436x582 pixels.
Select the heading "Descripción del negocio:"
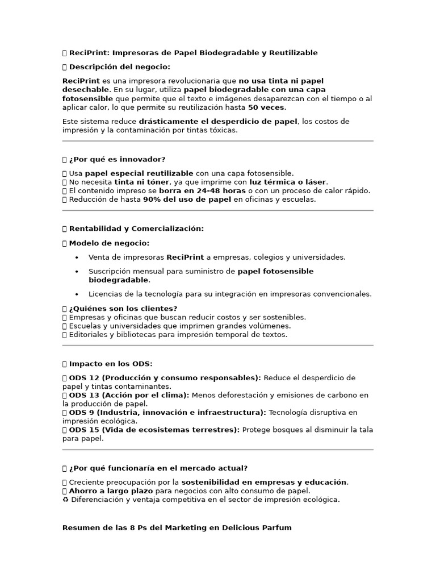tap(119, 67)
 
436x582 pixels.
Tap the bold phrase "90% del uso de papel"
tap(187, 199)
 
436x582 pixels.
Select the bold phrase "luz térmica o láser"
tap(288, 182)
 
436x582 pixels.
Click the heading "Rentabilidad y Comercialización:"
tap(136, 228)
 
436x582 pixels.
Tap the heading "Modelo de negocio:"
tap(109, 243)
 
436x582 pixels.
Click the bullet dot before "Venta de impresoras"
tap(77, 257)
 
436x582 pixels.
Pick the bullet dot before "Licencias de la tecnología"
tap(77, 294)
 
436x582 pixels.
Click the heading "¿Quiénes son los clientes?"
tap(123, 309)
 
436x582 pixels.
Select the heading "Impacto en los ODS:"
tap(111, 364)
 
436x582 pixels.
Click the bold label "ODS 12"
tap(83, 378)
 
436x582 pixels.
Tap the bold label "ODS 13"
tap(83, 395)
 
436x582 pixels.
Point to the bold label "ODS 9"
tap(81, 412)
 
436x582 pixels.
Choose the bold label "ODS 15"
tap(83, 430)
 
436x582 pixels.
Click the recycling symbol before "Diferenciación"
tap(65, 500)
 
